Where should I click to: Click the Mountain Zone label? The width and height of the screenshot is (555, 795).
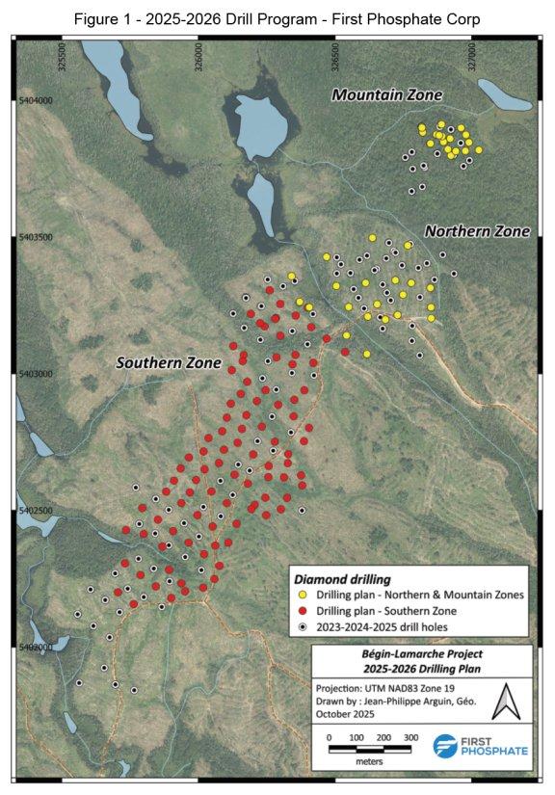click(386, 95)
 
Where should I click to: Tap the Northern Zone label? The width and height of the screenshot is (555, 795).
click(477, 231)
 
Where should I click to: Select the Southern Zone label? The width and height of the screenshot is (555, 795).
click(169, 363)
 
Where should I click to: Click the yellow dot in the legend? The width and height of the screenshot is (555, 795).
click(304, 596)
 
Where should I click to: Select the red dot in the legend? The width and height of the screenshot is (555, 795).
click(304, 611)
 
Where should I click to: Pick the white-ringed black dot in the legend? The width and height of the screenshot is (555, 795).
click(304, 626)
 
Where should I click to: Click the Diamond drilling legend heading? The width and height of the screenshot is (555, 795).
click(342, 580)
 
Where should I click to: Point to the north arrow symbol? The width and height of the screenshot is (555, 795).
click(500, 705)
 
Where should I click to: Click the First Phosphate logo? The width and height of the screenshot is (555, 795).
click(480, 746)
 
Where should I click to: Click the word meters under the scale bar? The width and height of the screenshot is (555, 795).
click(370, 761)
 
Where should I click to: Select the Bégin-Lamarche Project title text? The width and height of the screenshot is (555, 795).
click(421, 653)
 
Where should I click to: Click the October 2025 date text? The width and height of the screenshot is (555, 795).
click(342, 713)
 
